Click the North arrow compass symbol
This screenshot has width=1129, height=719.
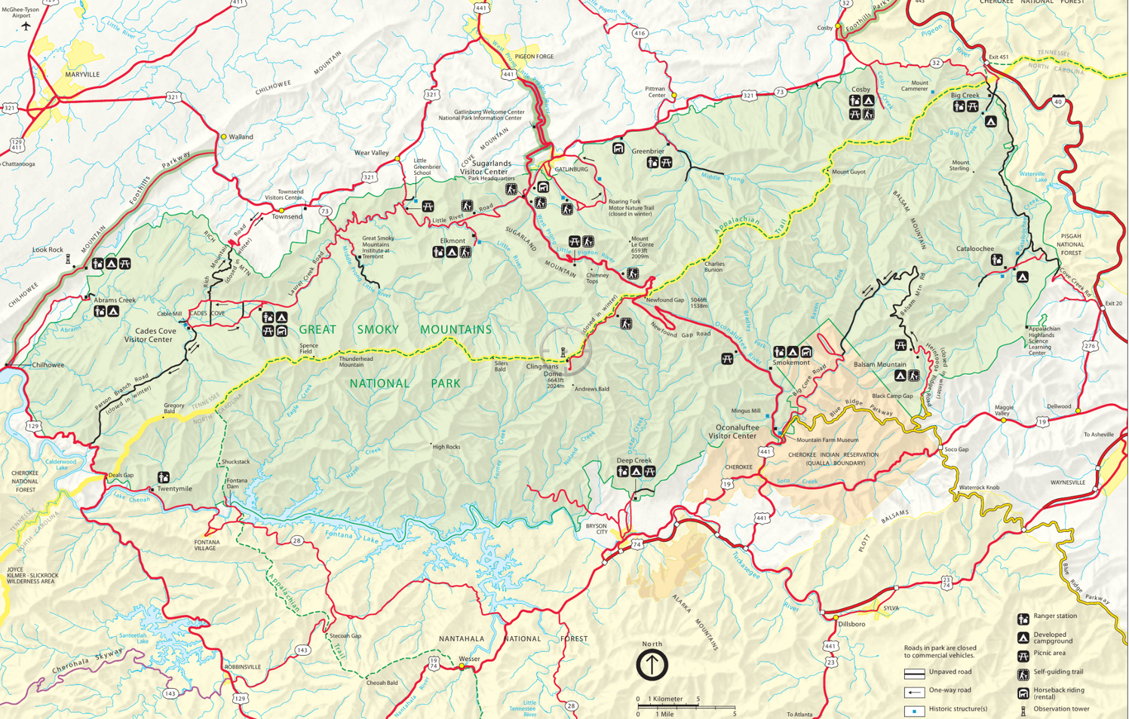[652, 665]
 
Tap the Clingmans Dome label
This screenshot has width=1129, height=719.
[542, 370]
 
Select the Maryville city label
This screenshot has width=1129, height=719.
[82, 75]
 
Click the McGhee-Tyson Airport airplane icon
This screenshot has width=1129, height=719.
[26, 26]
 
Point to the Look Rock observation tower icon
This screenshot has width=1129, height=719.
[68, 260]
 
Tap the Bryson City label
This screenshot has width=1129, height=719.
[596, 528]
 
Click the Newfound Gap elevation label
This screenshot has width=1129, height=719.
[698, 303]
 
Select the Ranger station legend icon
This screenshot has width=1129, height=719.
[1023, 619]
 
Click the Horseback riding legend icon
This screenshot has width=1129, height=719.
[1023, 693]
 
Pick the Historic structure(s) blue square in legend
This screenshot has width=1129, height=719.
[914, 711]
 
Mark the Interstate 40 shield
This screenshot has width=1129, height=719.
[1059, 101]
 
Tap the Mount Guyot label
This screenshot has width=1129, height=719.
[848, 172]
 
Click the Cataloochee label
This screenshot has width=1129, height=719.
[974, 249]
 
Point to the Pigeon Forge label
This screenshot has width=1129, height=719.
[534, 57]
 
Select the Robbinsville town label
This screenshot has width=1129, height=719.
[242, 667]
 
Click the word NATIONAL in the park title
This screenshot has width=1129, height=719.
[379, 384]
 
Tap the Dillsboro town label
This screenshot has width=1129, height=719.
[851, 624]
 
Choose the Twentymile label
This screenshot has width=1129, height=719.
[174, 488]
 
